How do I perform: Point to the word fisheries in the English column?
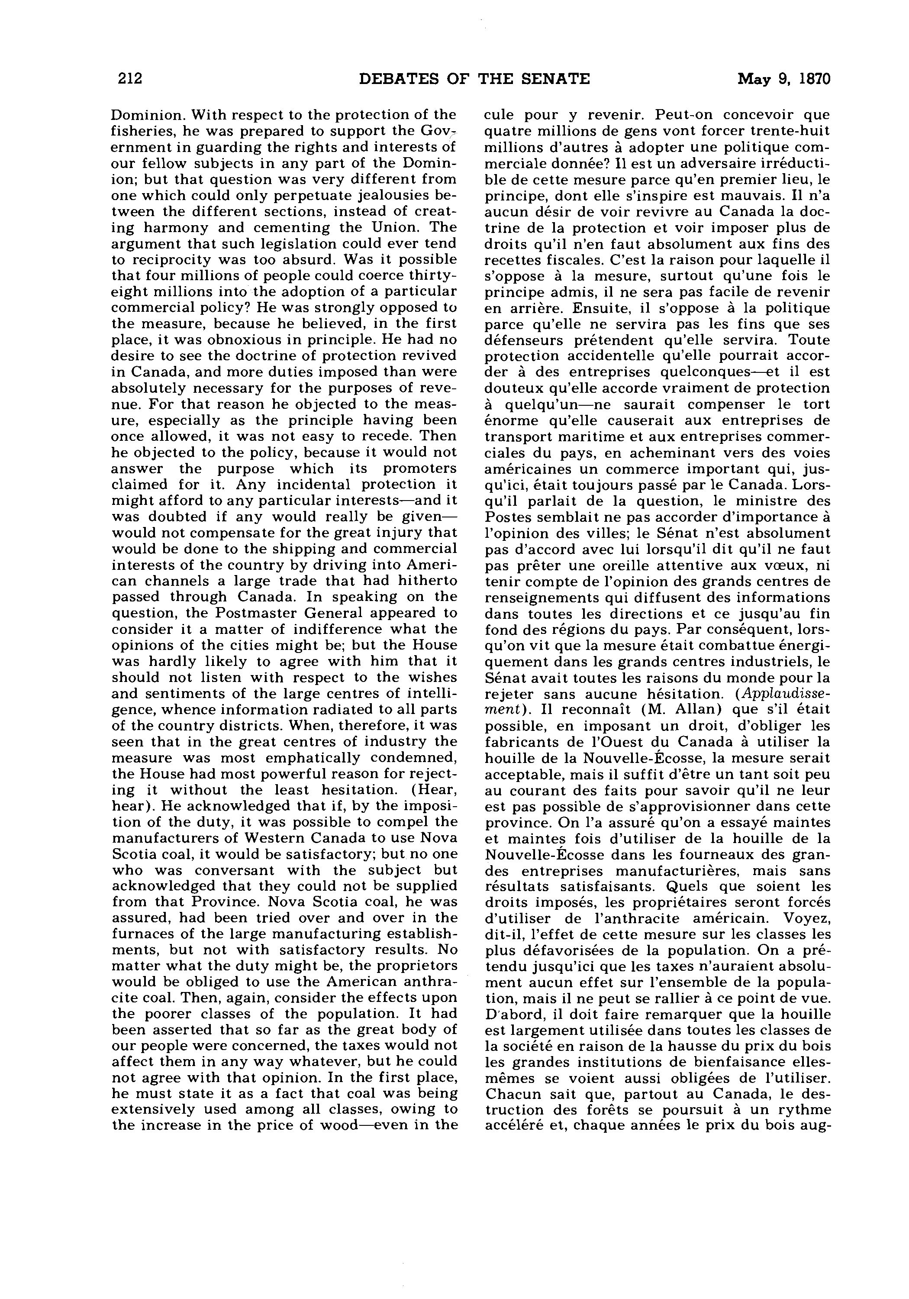tap(138, 131)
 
